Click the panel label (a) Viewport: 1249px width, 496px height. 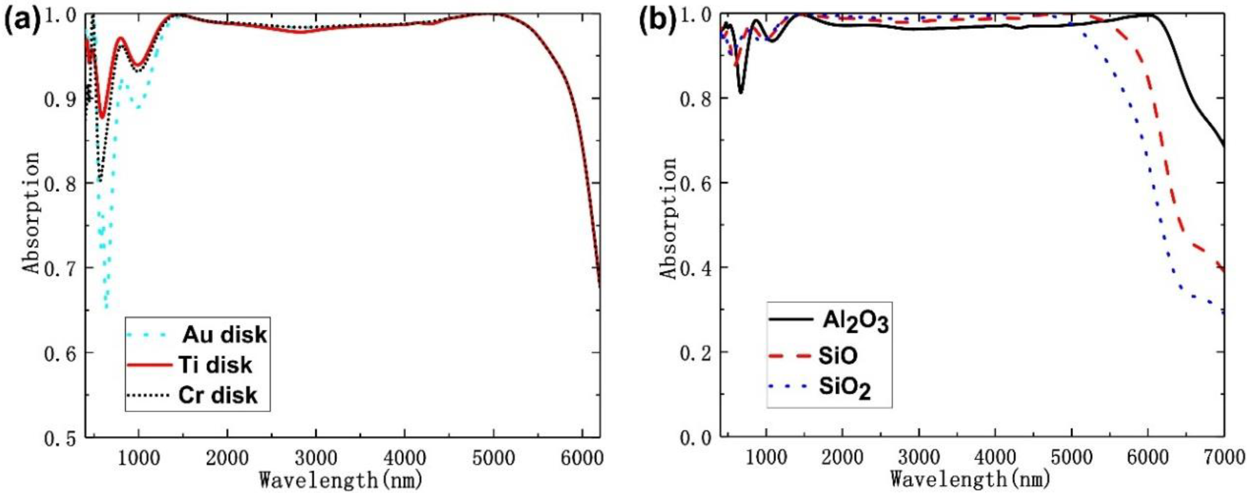[22, 20]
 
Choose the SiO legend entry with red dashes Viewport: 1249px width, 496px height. [837, 356]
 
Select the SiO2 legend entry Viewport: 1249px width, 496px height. [844, 388]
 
